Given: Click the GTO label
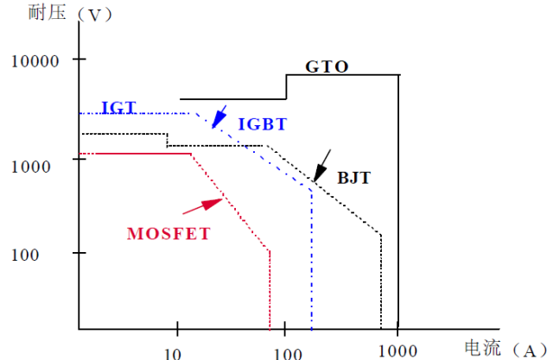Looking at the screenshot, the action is [327, 66].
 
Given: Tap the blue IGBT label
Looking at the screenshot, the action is [263, 124].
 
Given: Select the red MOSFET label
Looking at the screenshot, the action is [168, 234].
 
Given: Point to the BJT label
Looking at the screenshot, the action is [353, 178].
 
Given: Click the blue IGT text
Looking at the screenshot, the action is [119, 107].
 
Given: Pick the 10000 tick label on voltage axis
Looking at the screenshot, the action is [35, 61].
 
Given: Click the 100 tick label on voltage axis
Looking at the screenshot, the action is [25, 255].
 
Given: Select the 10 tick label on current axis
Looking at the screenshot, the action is [173, 353].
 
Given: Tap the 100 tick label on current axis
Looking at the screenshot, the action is [288, 353].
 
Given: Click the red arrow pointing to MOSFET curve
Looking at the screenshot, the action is [202, 206].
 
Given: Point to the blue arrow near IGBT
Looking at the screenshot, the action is [219, 117].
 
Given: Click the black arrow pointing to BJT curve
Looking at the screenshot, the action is [322, 166].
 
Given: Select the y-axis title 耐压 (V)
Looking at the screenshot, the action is [70, 14].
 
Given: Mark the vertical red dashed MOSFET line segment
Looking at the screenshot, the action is [270, 290].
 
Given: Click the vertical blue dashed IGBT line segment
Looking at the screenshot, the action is [311, 261].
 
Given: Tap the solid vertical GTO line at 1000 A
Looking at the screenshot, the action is [398, 202].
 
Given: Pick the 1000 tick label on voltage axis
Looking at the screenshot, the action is [31, 167].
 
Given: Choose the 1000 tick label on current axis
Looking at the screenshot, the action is [397, 351].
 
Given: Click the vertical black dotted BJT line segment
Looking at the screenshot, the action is [381, 281].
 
